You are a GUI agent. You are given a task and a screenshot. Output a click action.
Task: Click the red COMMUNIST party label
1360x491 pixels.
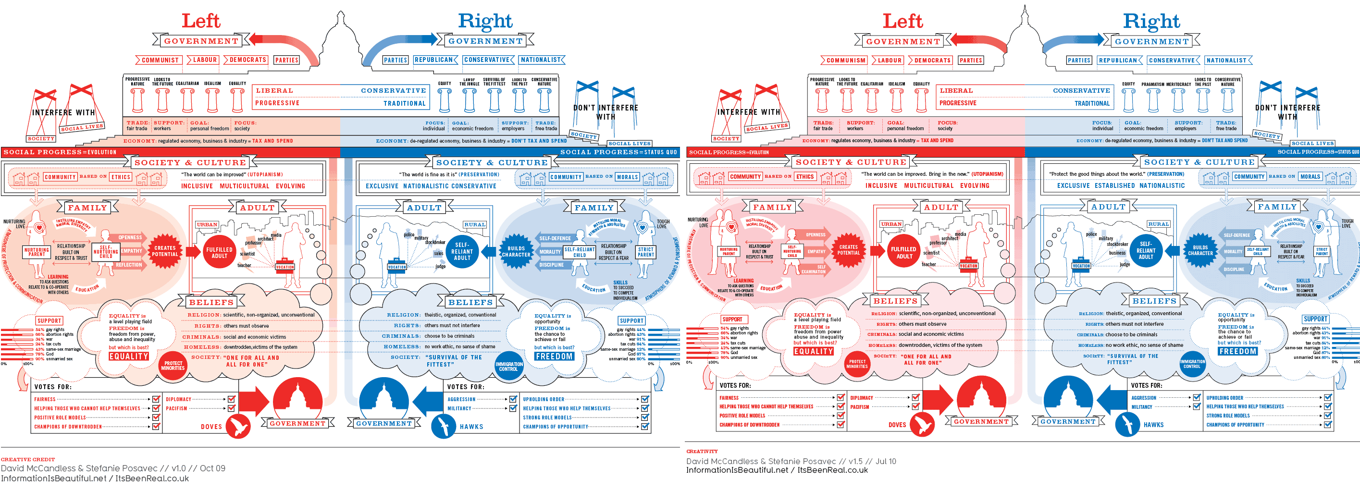(x=160, y=60)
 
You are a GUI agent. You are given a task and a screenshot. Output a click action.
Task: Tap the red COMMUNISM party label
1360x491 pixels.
(x=845, y=60)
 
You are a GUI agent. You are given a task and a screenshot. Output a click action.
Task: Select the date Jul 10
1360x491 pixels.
(x=885, y=461)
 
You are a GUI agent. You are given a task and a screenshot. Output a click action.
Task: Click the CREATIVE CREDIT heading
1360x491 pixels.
(x=27, y=459)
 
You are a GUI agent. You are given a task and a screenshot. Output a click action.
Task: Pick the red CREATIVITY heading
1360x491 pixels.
(x=702, y=452)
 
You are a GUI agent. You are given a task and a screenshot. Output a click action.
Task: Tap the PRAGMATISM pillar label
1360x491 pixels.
(x=1152, y=84)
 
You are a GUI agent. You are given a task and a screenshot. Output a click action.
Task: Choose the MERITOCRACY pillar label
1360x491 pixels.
(x=1178, y=84)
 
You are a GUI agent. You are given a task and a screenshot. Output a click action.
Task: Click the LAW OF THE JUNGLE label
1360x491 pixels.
(x=469, y=82)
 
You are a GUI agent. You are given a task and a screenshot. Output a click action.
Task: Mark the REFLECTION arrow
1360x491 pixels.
(x=129, y=265)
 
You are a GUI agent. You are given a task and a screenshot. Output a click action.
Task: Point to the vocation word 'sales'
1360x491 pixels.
(x=438, y=253)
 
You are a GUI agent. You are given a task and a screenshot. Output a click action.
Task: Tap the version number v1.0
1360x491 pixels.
(x=178, y=468)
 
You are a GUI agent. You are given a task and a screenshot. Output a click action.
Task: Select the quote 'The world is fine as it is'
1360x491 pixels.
(x=428, y=174)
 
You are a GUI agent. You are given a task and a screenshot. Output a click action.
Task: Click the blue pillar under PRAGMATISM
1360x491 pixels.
(x=1153, y=100)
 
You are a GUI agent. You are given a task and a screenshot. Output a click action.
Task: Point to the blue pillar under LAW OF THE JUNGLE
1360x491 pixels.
(x=470, y=100)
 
